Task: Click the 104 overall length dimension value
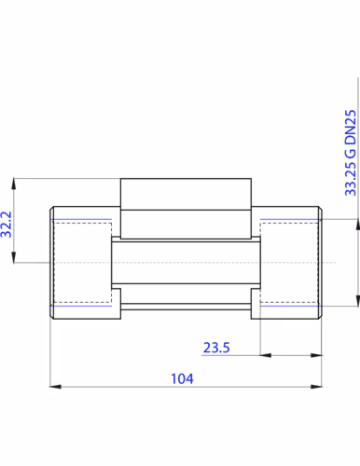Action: [182, 378]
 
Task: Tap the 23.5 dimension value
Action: [216, 348]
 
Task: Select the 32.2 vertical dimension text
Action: [7, 225]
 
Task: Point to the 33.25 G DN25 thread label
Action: [351, 153]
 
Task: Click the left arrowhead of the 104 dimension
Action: [55, 387]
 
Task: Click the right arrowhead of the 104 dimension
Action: [316, 387]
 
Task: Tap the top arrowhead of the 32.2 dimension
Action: [14, 184]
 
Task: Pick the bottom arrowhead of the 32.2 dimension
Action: [14, 257]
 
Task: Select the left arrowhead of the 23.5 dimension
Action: [266, 355]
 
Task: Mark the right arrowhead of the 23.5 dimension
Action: [316, 355]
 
